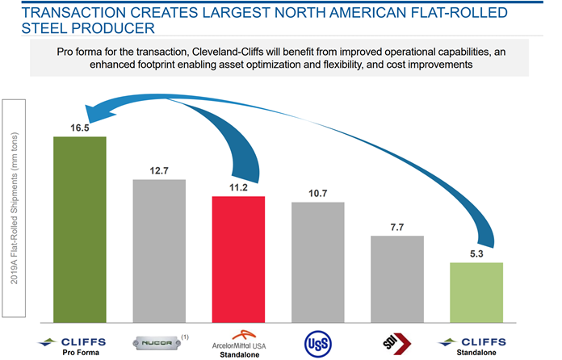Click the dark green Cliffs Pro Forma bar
tap(79, 228)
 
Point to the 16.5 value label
tap(79, 128)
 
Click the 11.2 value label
tap(238, 187)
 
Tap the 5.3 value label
tap(476, 253)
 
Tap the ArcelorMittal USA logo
tap(238, 340)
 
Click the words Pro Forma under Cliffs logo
tap(79, 354)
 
